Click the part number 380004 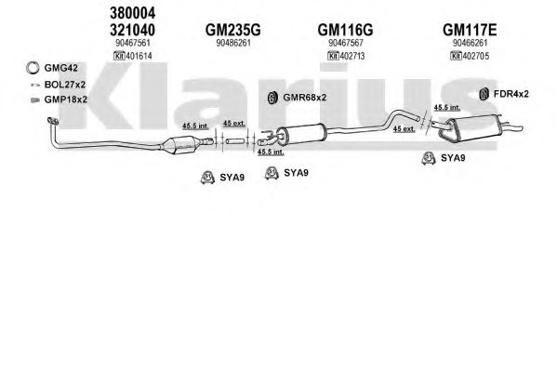[x=132, y=13]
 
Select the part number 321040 [x=132, y=30]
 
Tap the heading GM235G [x=233, y=30]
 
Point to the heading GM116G [x=345, y=30]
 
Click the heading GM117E [x=470, y=30]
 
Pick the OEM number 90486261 [x=233, y=43]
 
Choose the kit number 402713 [x=352, y=56]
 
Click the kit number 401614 [x=139, y=56]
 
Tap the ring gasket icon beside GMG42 [x=33, y=68]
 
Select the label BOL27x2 [x=65, y=85]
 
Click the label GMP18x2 [x=66, y=99]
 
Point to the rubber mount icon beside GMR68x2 [x=272, y=98]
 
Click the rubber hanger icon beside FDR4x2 [x=484, y=94]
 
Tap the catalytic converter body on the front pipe [x=179, y=144]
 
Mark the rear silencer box [x=470, y=128]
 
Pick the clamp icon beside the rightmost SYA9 [x=429, y=158]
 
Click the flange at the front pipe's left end [x=53, y=121]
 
